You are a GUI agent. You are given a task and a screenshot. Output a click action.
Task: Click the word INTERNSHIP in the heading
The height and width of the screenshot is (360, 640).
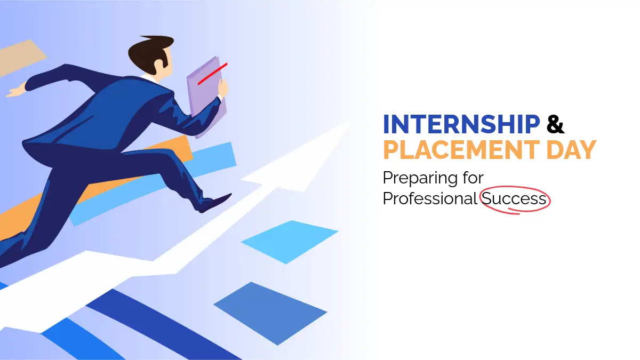click(x=461, y=124)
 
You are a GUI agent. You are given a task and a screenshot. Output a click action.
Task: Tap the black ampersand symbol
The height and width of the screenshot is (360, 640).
click(x=555, y=124)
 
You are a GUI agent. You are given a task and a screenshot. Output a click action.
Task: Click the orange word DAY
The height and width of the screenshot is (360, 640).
click(x=571, y=150)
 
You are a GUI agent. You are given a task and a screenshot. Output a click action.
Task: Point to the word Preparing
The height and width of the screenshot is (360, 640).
click(x=420, y=178)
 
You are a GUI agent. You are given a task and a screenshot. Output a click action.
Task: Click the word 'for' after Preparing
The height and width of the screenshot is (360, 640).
click(x=474, y=177)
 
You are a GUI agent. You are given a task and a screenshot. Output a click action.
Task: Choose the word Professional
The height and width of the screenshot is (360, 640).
click(x=430, y=198)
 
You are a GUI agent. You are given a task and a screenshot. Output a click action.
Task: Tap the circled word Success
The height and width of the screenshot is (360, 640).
click(x=514, y=198)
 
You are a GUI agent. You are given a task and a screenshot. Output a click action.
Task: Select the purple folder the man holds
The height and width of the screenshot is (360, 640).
click(x=207, y=97)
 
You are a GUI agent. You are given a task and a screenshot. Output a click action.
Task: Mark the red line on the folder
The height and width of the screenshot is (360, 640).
click(x=213, y=74)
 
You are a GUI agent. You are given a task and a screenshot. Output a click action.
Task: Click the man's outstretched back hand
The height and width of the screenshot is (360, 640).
click(x=17, y=90)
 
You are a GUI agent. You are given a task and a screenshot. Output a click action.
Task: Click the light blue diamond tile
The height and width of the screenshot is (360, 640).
click(x=290, y=242)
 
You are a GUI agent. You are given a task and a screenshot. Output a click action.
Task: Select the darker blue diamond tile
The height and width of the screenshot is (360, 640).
click(x=270, y=313)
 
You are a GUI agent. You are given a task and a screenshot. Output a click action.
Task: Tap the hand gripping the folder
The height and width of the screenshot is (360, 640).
click(x=223, y=89)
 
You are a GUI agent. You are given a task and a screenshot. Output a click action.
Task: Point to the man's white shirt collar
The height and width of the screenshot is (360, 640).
click(x=149, y=78)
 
